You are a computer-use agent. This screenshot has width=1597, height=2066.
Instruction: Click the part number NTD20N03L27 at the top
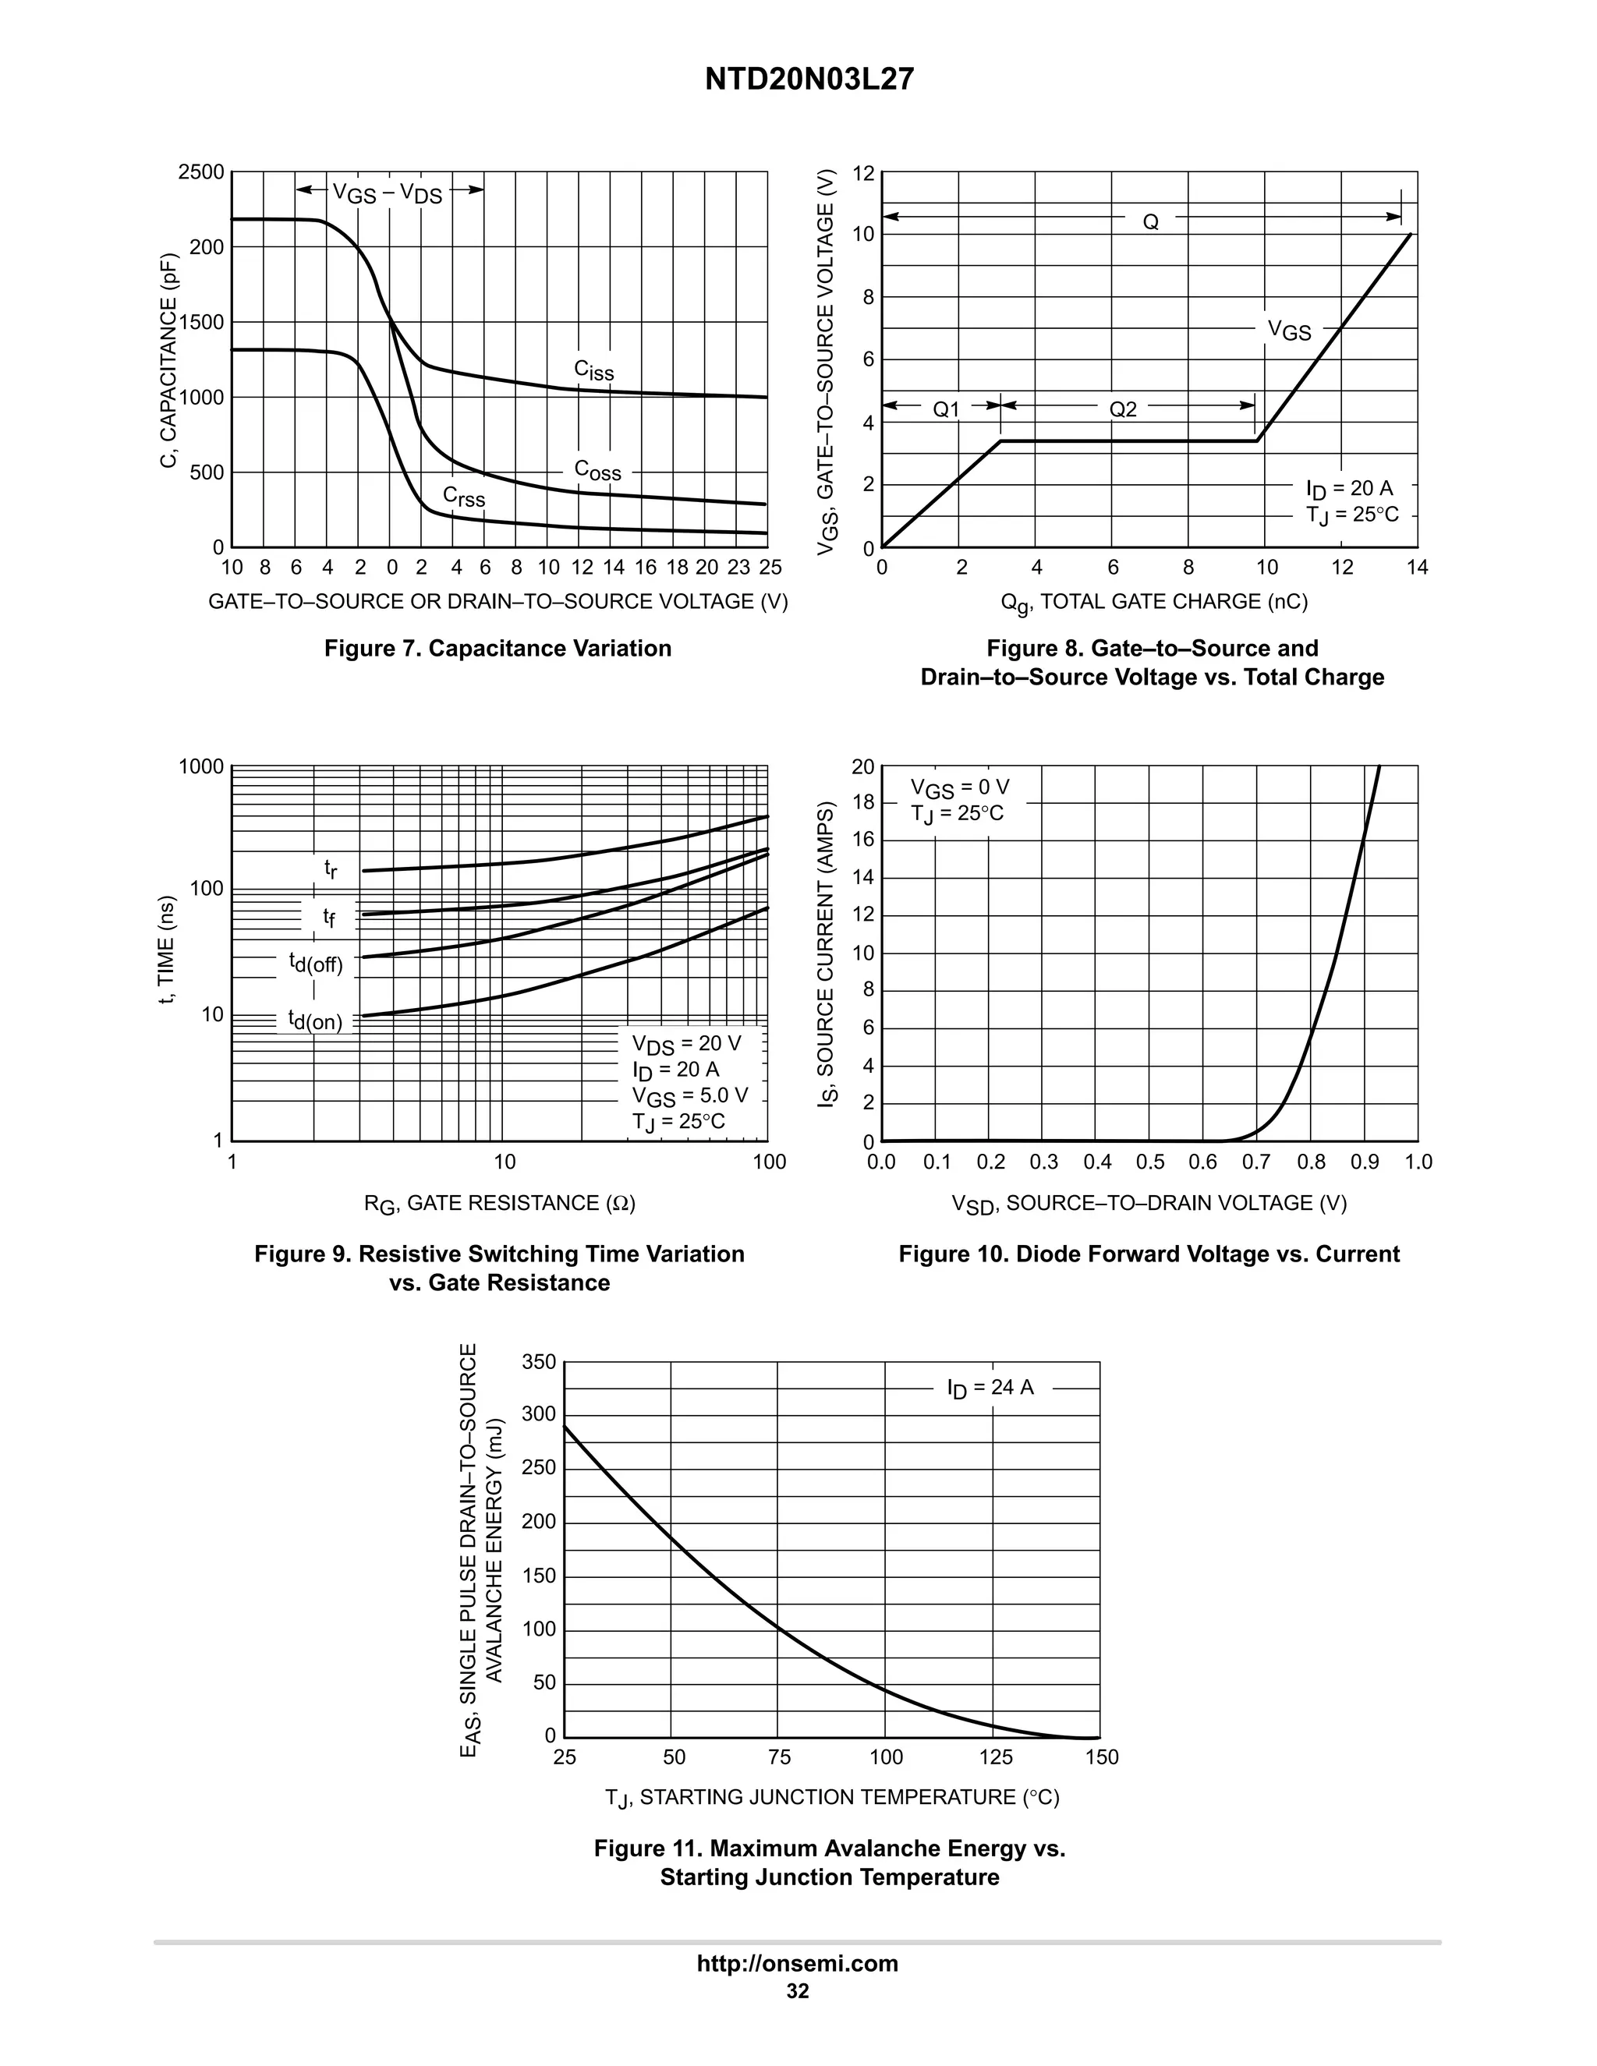(809, 80)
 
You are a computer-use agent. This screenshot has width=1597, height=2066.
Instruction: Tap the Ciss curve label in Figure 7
(594, 370)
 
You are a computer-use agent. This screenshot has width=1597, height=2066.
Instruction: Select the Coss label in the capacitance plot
(598, 470)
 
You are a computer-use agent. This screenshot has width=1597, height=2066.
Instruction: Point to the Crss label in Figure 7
(464, 497)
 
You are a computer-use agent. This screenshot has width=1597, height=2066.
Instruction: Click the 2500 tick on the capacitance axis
(201, 172)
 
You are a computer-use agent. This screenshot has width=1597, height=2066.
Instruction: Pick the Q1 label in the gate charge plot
(946, 409)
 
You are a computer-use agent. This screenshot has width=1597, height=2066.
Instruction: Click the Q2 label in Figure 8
(1123, 409)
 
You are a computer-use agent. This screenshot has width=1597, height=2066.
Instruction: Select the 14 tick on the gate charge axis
(1417, 568)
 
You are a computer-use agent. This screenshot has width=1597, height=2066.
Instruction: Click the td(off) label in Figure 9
(316, 964)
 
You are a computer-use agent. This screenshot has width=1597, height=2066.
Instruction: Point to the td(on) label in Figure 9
(316, 1021)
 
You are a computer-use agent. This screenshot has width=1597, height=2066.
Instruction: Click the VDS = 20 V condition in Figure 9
(687, 1043)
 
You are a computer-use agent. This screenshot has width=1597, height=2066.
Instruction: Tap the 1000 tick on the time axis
(201, 766)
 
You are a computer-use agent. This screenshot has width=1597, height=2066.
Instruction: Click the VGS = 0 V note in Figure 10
(959, 788)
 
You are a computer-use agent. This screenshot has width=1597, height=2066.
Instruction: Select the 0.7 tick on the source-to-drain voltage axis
(1257, 1162)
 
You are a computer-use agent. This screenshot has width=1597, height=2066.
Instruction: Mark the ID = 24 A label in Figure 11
(990, 1388)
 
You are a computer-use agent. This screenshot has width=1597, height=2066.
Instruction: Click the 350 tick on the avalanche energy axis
(540, 1362)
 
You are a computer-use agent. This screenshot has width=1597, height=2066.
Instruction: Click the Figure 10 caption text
(1149, 1254)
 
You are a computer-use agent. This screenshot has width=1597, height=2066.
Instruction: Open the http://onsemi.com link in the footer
(798, 1963)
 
